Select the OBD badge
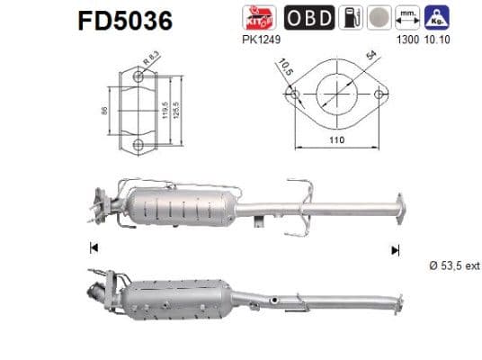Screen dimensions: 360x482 [308, 16]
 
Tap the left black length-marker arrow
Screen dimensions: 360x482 [93, 248]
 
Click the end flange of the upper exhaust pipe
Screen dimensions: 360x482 [398, 204]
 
